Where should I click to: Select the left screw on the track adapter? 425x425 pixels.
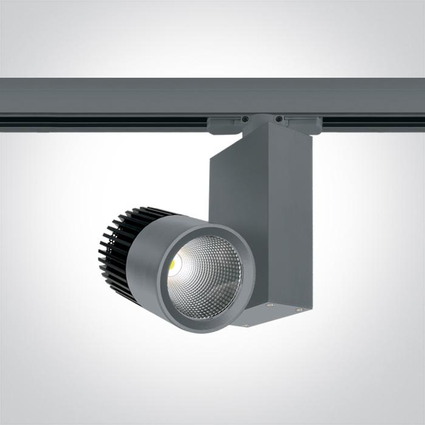pos(245,119)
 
